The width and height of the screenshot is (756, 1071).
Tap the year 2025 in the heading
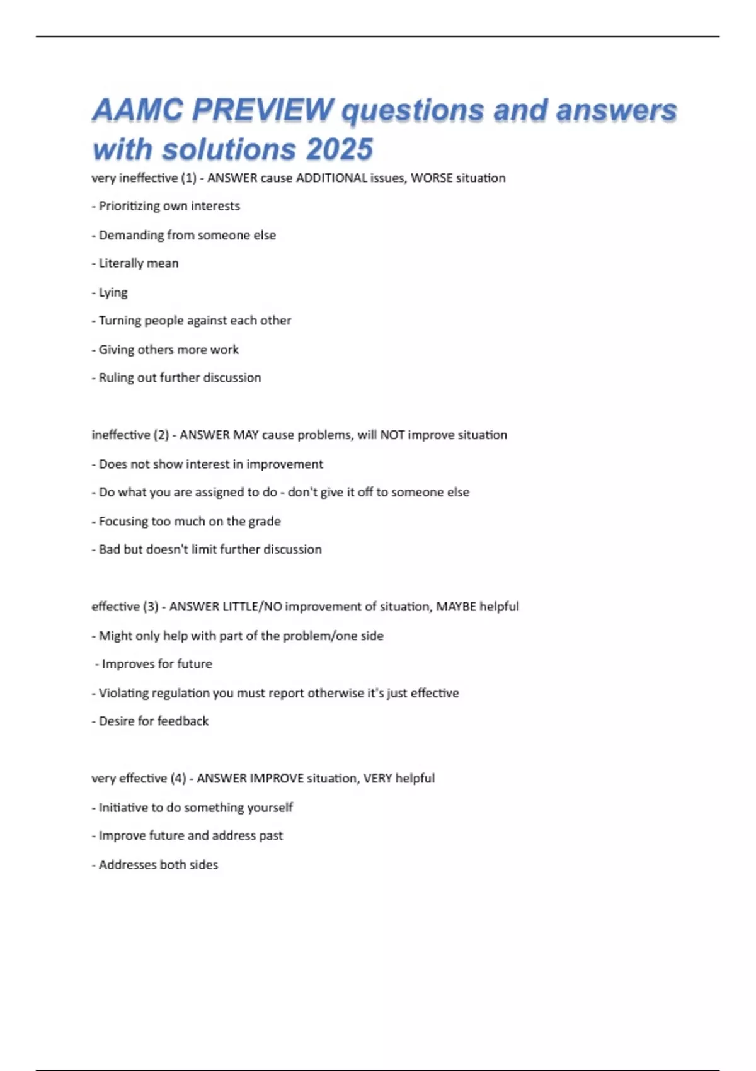[x=340, y=150]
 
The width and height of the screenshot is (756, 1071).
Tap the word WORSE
[x=432, y=178]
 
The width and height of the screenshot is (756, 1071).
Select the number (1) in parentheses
[x=189, y=178]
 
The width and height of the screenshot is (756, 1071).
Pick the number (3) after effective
[x=151, y=607]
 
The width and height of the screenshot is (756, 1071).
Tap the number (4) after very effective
[x=178, y=779]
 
